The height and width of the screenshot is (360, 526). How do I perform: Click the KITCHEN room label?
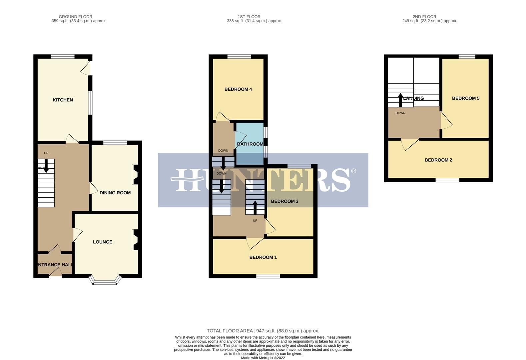(63, 100)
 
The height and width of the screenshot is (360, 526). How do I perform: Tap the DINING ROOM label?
(115, 193)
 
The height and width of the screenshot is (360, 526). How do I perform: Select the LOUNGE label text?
(103, 242)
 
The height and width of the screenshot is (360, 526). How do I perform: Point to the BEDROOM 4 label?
(238, 89)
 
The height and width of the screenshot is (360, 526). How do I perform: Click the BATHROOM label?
(250, 144)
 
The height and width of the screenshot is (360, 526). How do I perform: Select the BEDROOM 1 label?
(263, 257)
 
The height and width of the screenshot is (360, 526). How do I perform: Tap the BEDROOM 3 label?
(284, 201)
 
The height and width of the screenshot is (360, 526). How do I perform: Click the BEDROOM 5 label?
(466, 98)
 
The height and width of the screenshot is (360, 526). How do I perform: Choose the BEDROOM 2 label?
(438, 160)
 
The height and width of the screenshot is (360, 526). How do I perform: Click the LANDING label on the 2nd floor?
(413, 98)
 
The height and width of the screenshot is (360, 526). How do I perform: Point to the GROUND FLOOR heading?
(76, 17)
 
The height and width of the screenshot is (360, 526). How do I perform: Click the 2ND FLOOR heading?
(424, 17)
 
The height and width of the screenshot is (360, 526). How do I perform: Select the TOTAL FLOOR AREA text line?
(263, 331)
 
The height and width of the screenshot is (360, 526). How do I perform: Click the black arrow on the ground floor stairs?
(46, 166)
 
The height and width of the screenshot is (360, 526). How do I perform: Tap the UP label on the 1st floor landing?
(255, 220)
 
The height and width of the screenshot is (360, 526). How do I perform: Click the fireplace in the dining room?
(135, 175)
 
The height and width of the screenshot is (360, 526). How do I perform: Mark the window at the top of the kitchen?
(63, 57)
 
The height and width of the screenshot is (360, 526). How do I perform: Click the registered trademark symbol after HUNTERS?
(353, 171)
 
